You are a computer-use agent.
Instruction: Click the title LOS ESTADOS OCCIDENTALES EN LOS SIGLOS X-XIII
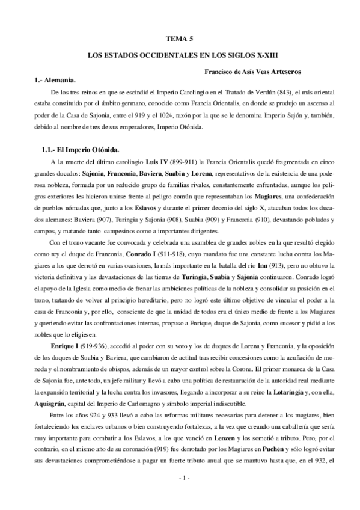[180, 55]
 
